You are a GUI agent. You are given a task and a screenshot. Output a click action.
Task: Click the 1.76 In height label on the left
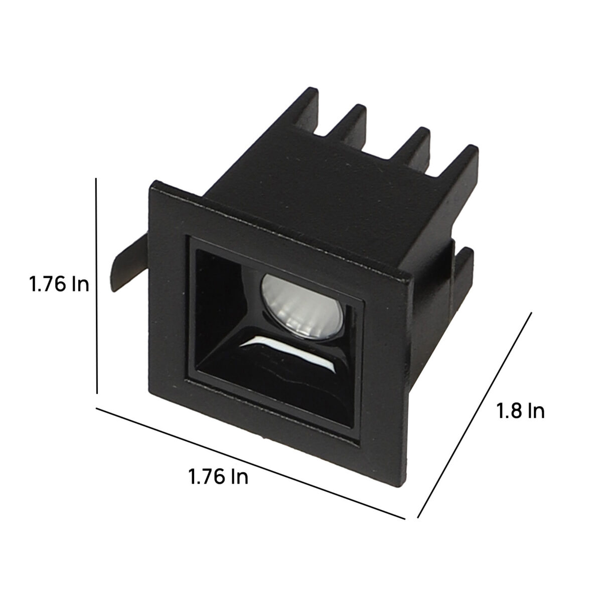pos(59,285)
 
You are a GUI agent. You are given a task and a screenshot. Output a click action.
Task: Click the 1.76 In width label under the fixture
pos(218,477)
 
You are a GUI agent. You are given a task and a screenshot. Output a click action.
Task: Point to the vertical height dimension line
pos(96,286)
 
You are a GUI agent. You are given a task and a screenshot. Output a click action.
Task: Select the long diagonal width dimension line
pos(250,464)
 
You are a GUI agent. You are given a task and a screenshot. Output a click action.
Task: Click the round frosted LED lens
pos(302,307)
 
